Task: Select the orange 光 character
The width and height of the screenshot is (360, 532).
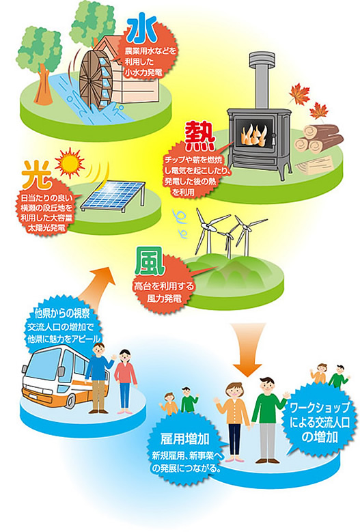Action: point(37,175)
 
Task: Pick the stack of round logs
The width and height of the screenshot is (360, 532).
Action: point(318,139)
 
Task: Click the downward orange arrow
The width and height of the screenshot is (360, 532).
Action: point(247,350)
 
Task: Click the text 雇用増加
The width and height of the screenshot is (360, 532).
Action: point(185,439)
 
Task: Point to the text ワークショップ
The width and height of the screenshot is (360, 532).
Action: point(320,407)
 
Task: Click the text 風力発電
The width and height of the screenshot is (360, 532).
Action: point(164,298)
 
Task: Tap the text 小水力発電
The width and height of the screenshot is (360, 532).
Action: point(143,72)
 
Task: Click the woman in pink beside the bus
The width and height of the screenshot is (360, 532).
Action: point(125,381)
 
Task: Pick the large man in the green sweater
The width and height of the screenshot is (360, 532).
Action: point(268,419)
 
